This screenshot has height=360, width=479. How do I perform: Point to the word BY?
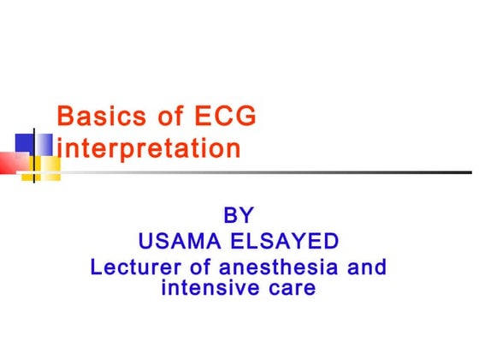pyautogui.click(x=238, y=214)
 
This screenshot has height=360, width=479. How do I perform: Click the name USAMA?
pyautogui.click(x=178, y=241)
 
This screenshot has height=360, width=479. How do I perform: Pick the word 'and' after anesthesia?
pyautogui.click(x=370, y=267)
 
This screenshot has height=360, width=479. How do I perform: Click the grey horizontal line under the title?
pyautogui.click(x=257, y=171)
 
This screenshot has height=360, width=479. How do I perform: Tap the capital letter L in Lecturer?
pyautogui.click(x=96, y=267)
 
